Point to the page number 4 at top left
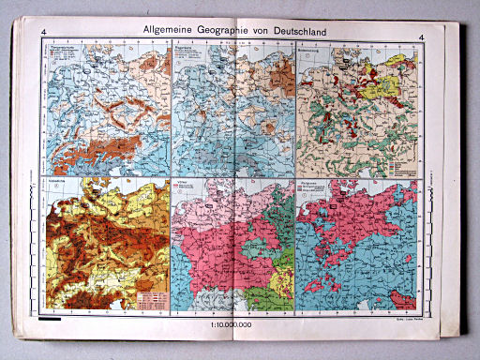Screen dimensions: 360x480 tap(44, 37)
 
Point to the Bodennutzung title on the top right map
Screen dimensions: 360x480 tap(311, 48)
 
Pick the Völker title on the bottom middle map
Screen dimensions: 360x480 tap(183, 180)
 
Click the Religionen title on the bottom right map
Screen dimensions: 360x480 tap(309, 180)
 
